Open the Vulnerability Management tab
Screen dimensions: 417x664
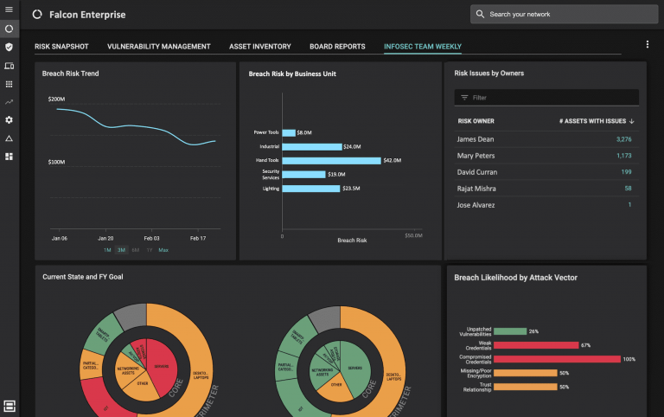pos(159,47)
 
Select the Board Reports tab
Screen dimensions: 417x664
pos(336,47)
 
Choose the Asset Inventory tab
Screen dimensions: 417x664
pos(259,47)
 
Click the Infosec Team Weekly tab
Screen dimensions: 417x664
pos(423,47)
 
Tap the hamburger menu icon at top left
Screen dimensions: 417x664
pos(10,10)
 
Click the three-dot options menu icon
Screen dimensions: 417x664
pos(648,44)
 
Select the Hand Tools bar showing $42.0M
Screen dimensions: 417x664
pos(331,160)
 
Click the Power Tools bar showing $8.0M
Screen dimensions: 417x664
pos(289,132)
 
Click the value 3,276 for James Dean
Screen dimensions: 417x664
pos(623,139)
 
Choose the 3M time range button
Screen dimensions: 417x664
pos(122,250)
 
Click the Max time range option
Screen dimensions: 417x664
pos(163,250)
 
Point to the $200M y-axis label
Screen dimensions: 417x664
pos(56,99)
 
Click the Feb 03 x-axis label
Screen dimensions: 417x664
pos(151,238)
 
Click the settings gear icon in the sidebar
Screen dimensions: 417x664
pos(10,119)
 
